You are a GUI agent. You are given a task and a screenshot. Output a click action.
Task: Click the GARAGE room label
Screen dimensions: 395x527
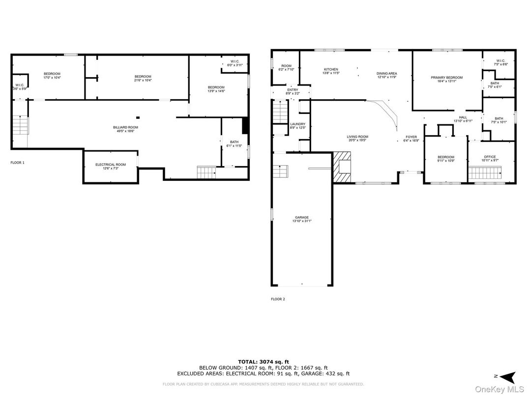click(302, 217)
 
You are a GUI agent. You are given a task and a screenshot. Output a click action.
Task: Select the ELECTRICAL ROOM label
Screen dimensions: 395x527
click(111, 165)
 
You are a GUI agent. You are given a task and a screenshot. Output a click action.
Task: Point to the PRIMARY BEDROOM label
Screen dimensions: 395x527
click(446, 78)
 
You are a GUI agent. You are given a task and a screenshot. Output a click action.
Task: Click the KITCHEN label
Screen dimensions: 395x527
click(331, 69)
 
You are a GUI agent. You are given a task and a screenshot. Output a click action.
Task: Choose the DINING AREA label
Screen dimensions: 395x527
click(387, 74)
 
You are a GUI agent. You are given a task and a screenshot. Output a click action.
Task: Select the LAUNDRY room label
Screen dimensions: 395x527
click(298, 124)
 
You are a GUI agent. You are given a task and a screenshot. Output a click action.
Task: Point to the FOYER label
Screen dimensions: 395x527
click(411, 137)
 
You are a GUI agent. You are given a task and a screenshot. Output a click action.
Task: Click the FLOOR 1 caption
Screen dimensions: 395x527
click(17, 162)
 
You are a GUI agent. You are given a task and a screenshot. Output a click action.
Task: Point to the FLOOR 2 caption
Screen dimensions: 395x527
click(278, 299)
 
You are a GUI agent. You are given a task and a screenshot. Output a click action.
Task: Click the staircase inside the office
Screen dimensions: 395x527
click(484, 173)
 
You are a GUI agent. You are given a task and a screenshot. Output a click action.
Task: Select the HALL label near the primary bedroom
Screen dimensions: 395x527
click(463, 117)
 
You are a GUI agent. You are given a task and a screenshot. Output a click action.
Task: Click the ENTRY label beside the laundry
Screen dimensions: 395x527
click(293, 90)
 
